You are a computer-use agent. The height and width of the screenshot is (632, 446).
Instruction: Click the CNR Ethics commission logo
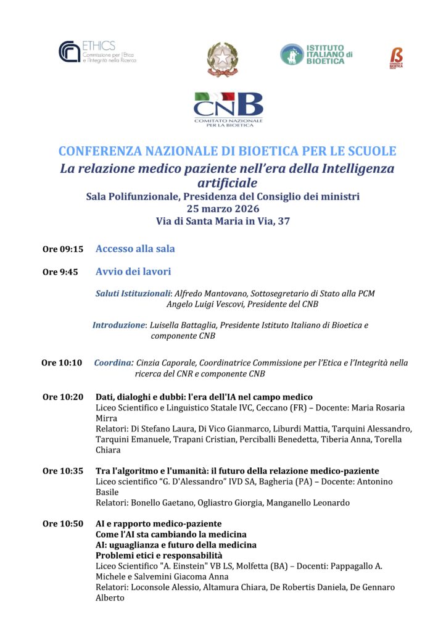click(97, 52)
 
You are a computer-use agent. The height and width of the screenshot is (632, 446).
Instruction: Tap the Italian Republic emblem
click(222, 60)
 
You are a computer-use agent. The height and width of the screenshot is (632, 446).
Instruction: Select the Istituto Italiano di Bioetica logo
click(316, 54)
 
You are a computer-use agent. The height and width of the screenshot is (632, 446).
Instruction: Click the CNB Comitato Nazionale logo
click(228, 110)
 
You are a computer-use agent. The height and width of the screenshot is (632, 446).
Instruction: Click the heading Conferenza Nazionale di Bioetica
click(227, 151)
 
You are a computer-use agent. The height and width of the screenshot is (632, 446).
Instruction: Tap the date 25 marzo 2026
click(223, 209)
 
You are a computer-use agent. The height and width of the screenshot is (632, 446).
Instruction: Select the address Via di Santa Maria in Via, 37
click(223, 221)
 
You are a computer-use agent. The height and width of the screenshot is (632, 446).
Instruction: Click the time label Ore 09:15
click(62, 249)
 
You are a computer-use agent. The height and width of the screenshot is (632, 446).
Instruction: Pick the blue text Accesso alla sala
click(135, 249)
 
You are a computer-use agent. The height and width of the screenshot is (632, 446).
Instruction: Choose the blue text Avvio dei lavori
click(133, 272)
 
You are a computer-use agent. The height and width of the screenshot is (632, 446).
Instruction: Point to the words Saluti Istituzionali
click(133, 293)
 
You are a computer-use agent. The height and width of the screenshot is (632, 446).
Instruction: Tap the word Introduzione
click(118, 325)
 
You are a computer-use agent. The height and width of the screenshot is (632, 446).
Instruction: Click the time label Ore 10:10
click(62, 363)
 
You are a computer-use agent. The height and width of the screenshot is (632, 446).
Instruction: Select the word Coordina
click(114, 363)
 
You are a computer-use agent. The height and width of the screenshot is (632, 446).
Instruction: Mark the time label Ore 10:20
click(62, 397)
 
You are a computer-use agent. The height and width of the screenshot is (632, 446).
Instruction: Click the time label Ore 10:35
click(62, 471)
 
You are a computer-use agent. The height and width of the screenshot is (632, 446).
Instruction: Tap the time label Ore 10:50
click(62, 524)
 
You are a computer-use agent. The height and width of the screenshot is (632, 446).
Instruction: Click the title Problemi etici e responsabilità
click(159, 555)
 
